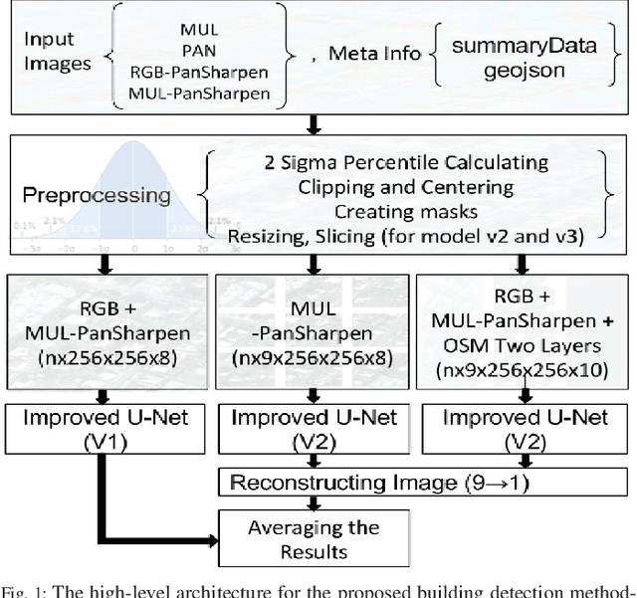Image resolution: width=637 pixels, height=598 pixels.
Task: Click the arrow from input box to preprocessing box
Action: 316,123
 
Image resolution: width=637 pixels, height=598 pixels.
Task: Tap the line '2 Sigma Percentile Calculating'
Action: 402,161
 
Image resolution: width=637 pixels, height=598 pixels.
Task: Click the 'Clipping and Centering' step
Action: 402,186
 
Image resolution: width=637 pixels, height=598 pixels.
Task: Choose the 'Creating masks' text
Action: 402,211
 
